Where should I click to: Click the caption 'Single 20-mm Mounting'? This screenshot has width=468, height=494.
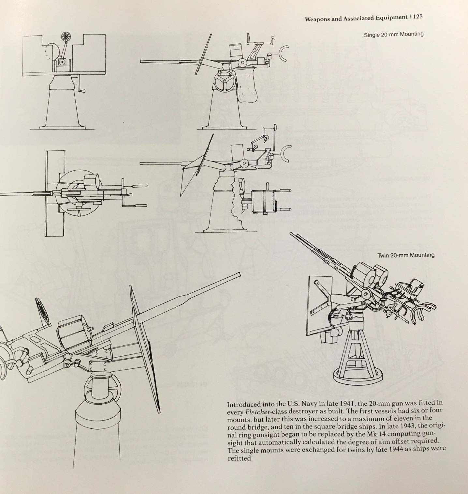pyautogui.click(x=394, y=34)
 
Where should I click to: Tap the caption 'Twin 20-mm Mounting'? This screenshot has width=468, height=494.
pyautogui.click(x=406, y=255)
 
